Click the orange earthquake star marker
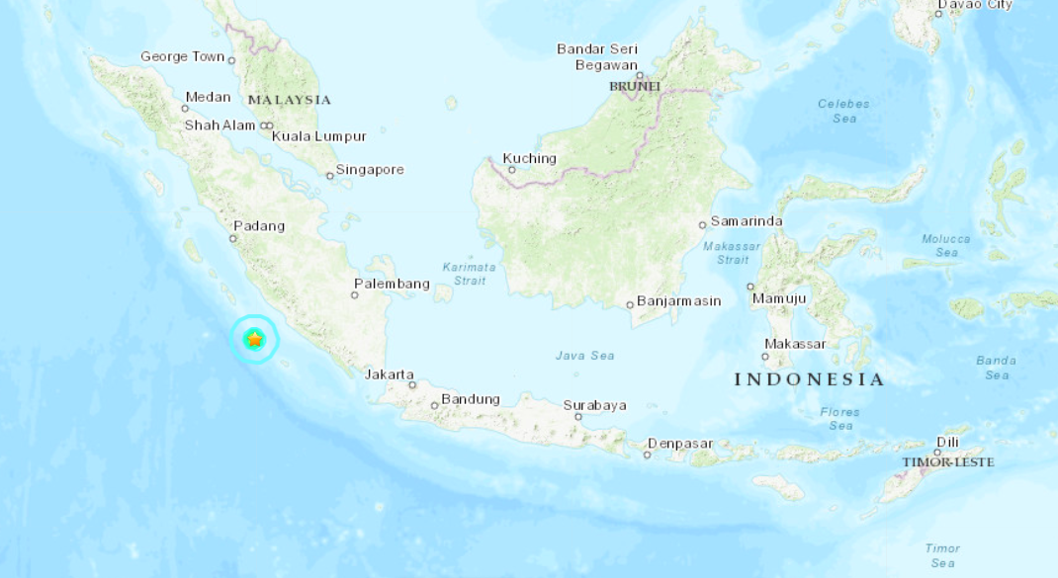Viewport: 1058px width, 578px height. pyautogui.click(x=255, y=339)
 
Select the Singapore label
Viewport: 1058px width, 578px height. pyautogui.click(x=370, y=170)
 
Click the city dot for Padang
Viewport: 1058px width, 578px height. pyautogui.click(x=234, y=238)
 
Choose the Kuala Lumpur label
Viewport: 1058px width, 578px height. pyautogui.click(x=319, y=136)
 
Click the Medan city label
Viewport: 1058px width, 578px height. pyautogui.click(x=208, y=97)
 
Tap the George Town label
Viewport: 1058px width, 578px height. pyautogui.click(x=183, y=56)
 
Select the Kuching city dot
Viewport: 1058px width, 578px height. pyautogui.click(x=512, y=170)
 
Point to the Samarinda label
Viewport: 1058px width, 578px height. pyautogui.click(x=747, y=221)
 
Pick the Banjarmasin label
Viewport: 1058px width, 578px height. pyautogui.click(x=678, y=300)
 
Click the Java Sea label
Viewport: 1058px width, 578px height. pyautogui.click(x=584, y=356)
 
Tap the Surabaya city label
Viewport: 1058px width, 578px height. pyautogui.click(x=595, y=405)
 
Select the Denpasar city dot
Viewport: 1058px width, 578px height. pyautogui.click(x=648, y=454)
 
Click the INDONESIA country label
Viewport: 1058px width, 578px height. pyautogui.click(x=809, y=379)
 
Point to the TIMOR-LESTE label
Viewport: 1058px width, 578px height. pyautogui.click(x=947, y=462)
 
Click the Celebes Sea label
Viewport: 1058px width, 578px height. pyautogui.click(x=843, y=111)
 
